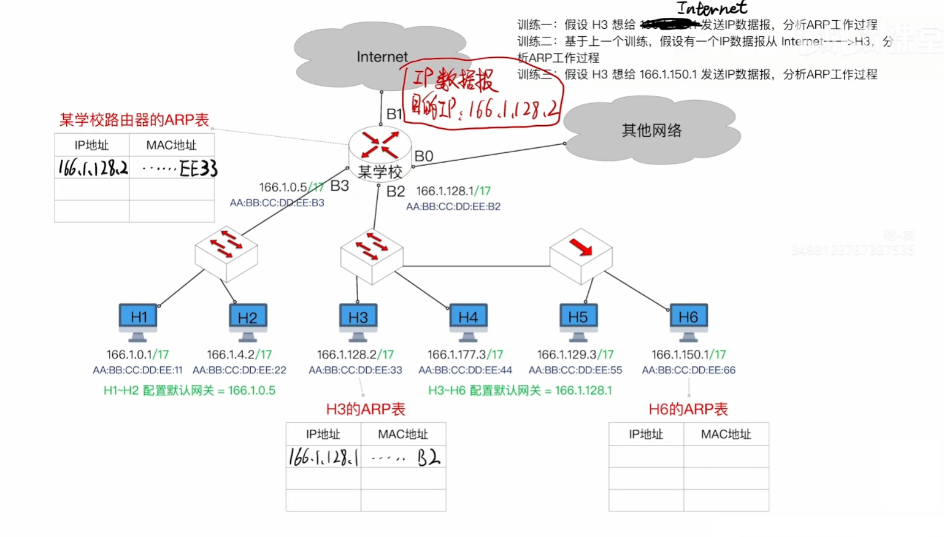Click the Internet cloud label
(x=382, y=57)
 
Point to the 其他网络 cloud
(x=651, y=130)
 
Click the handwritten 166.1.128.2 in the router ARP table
(x=93, y=168)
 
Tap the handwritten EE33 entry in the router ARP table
(x=198, y=168)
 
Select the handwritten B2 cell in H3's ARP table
(x=428, y=458)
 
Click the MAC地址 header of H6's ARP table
(x=726, y=435)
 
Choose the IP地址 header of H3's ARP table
(x=323, y=435)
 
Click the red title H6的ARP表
(x=688, y=409)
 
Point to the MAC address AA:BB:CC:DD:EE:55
(x=575, y=370)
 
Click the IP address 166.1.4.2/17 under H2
(x=239, y=355)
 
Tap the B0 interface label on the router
(x=424, y=156)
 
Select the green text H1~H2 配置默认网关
(x=190, y=390)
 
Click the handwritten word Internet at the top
(x=712, y=8)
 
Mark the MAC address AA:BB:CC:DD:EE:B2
(x=453, y=207)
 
